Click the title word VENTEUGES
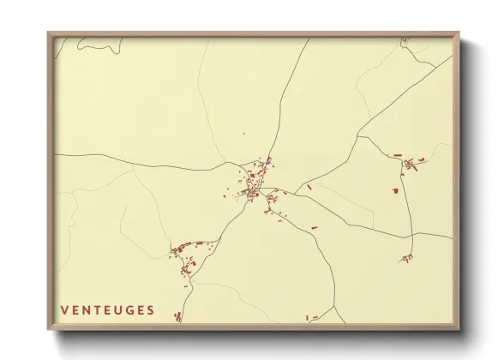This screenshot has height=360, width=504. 107,309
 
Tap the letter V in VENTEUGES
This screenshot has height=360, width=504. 64,309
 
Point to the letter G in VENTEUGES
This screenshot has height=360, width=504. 129,309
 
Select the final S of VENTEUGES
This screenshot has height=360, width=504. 151,309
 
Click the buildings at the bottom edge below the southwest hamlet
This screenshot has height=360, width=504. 178,316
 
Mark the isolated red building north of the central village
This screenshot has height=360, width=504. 243,134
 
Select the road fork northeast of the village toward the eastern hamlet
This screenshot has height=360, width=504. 360,136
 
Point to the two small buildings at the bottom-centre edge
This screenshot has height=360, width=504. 312,318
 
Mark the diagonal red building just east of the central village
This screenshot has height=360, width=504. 309,186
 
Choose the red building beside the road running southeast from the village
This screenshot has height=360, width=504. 312,225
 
